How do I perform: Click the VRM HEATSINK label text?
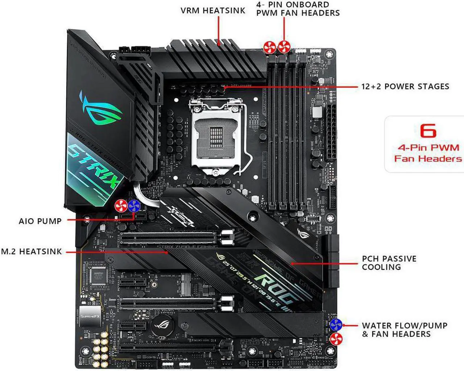pos(213,11)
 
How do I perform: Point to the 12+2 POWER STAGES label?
pos(405,87)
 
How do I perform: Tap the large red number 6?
pos(428,131)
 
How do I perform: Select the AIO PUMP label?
pos(40,221)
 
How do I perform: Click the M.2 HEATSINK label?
pos(31,251)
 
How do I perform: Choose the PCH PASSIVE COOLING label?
pos(389,263)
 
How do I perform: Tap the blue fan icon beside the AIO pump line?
pos(134,206)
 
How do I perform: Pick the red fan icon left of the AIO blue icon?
pos(121,206)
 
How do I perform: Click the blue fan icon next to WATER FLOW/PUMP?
pos(336,325)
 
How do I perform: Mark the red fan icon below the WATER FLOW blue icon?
pos(336,339)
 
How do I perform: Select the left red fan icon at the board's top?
pos(270,47)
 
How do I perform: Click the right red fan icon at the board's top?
pos(284,47)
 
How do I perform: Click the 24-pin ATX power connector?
pos(331,132)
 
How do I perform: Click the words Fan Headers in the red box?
pos(428,158)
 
